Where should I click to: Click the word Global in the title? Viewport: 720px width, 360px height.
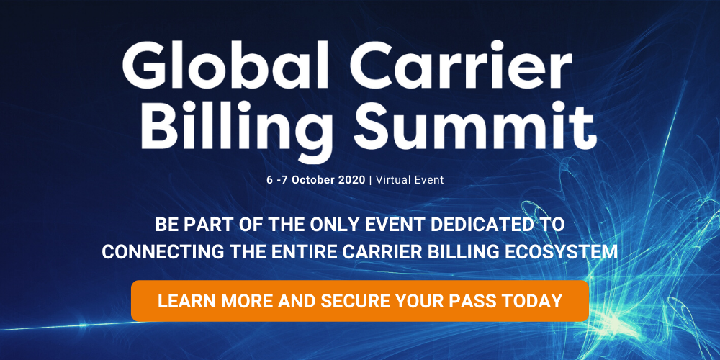coord(225,65)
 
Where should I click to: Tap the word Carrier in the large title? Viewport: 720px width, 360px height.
coord(461,66)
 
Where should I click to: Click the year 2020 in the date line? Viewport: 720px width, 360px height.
coord(352,180)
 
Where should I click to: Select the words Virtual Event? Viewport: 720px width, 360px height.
coord(410,180)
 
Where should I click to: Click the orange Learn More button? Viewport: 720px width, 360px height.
coord(360,301)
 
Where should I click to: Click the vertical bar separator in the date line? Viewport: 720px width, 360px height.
coord(371,180)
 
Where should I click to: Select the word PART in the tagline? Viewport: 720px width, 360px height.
coord(207,225)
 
